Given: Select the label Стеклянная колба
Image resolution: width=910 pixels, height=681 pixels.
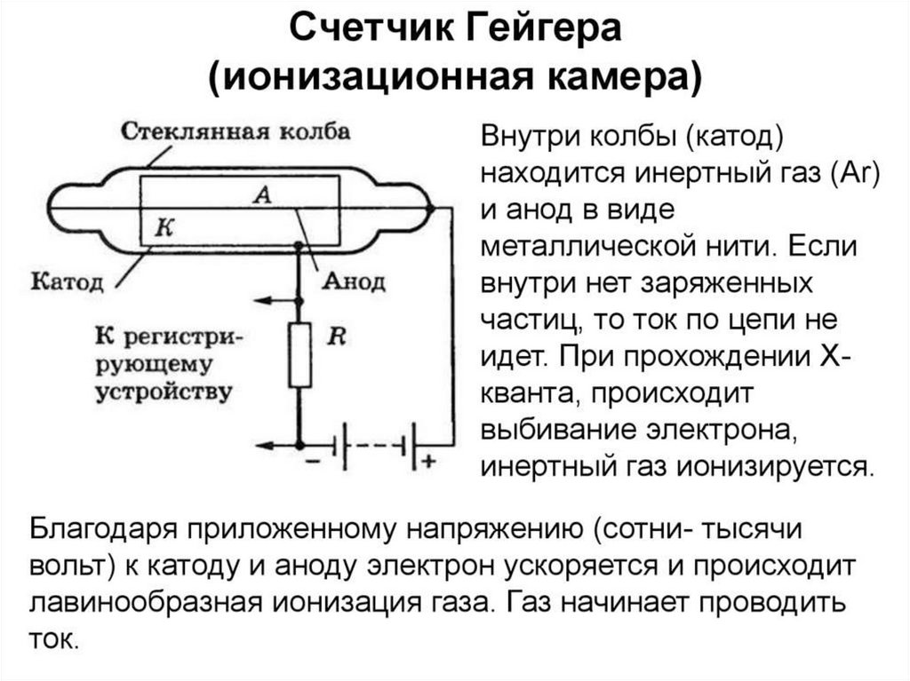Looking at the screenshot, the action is coord(235,131).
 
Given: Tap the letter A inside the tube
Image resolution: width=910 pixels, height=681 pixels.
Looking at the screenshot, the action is coord(263,195).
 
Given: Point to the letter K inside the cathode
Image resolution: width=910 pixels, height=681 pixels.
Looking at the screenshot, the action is coord(164,228).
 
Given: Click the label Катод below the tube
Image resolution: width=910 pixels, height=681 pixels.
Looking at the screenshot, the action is coord(67,282).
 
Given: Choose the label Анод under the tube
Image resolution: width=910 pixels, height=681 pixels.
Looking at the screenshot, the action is coord(354,282).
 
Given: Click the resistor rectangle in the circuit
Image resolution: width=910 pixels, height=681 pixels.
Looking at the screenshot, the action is coord(300,355).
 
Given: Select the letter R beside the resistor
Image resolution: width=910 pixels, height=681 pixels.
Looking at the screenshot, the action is coord(337,336).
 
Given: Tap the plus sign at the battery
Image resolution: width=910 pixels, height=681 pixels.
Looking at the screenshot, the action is coord(429,462).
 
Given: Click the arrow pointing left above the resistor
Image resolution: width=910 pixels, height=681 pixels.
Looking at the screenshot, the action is coord(276,300).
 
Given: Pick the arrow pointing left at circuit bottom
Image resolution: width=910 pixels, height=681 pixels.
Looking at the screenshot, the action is coord(277,446).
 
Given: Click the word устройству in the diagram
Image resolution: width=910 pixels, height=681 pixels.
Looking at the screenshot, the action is coord(164,392).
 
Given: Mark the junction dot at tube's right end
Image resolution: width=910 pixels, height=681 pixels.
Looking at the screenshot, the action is coord(430,207).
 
